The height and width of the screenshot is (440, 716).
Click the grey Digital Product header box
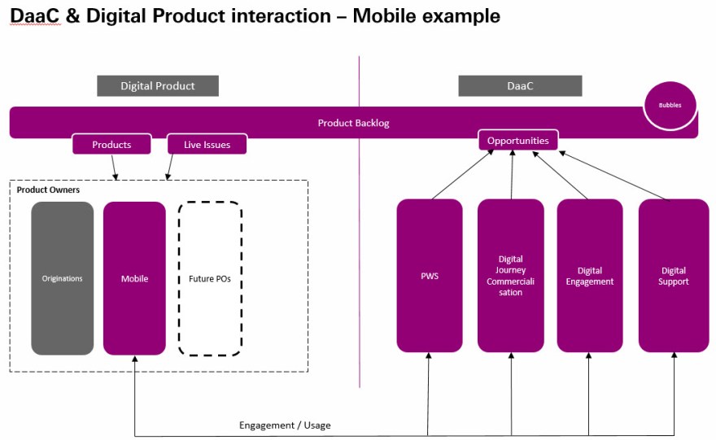click(x=158, y=85)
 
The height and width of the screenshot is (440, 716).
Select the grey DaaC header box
click(x=520, y=85)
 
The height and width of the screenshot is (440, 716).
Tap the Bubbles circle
click(x=670, y=106)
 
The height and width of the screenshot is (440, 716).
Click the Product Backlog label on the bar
click(x=353, y=123)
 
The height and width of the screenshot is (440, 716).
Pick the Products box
click(x=111, y=145)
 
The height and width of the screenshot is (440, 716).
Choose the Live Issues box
click(x=207, y=145)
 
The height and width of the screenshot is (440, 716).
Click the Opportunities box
click(x=517, y=141)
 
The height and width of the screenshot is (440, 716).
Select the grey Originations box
click(x=63, y=278)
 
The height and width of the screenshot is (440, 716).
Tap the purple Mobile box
click(x=134, y=278)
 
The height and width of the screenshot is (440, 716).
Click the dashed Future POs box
click(x=210, y=278)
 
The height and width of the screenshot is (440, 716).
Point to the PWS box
click(x=430, y=276)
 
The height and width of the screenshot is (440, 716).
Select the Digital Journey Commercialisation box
click(x=510, y=276)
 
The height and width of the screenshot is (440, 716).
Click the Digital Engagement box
click(x=589, y=276)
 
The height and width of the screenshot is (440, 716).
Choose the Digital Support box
click(x=673, y=276)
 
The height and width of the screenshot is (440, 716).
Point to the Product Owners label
click(x=48, y=190)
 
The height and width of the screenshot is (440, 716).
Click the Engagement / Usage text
click(x=285, y=425)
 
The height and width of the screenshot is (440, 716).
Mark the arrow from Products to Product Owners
click(x=114, y=167)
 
